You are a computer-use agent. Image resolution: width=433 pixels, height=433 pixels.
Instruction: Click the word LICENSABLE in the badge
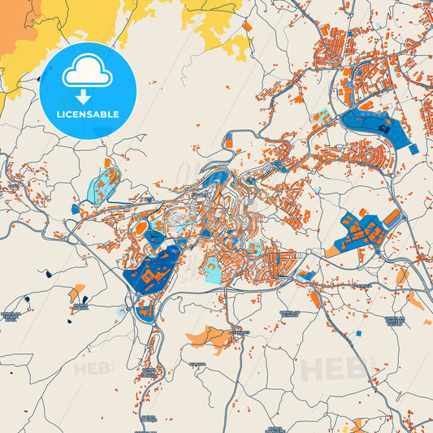tap(87, 114)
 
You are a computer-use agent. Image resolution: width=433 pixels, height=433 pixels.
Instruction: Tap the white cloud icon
tap(87, 74)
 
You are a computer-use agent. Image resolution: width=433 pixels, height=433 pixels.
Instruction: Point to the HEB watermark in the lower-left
tap(94, 368)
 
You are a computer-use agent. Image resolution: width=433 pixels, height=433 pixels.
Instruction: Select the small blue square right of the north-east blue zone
tap(414, 149)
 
